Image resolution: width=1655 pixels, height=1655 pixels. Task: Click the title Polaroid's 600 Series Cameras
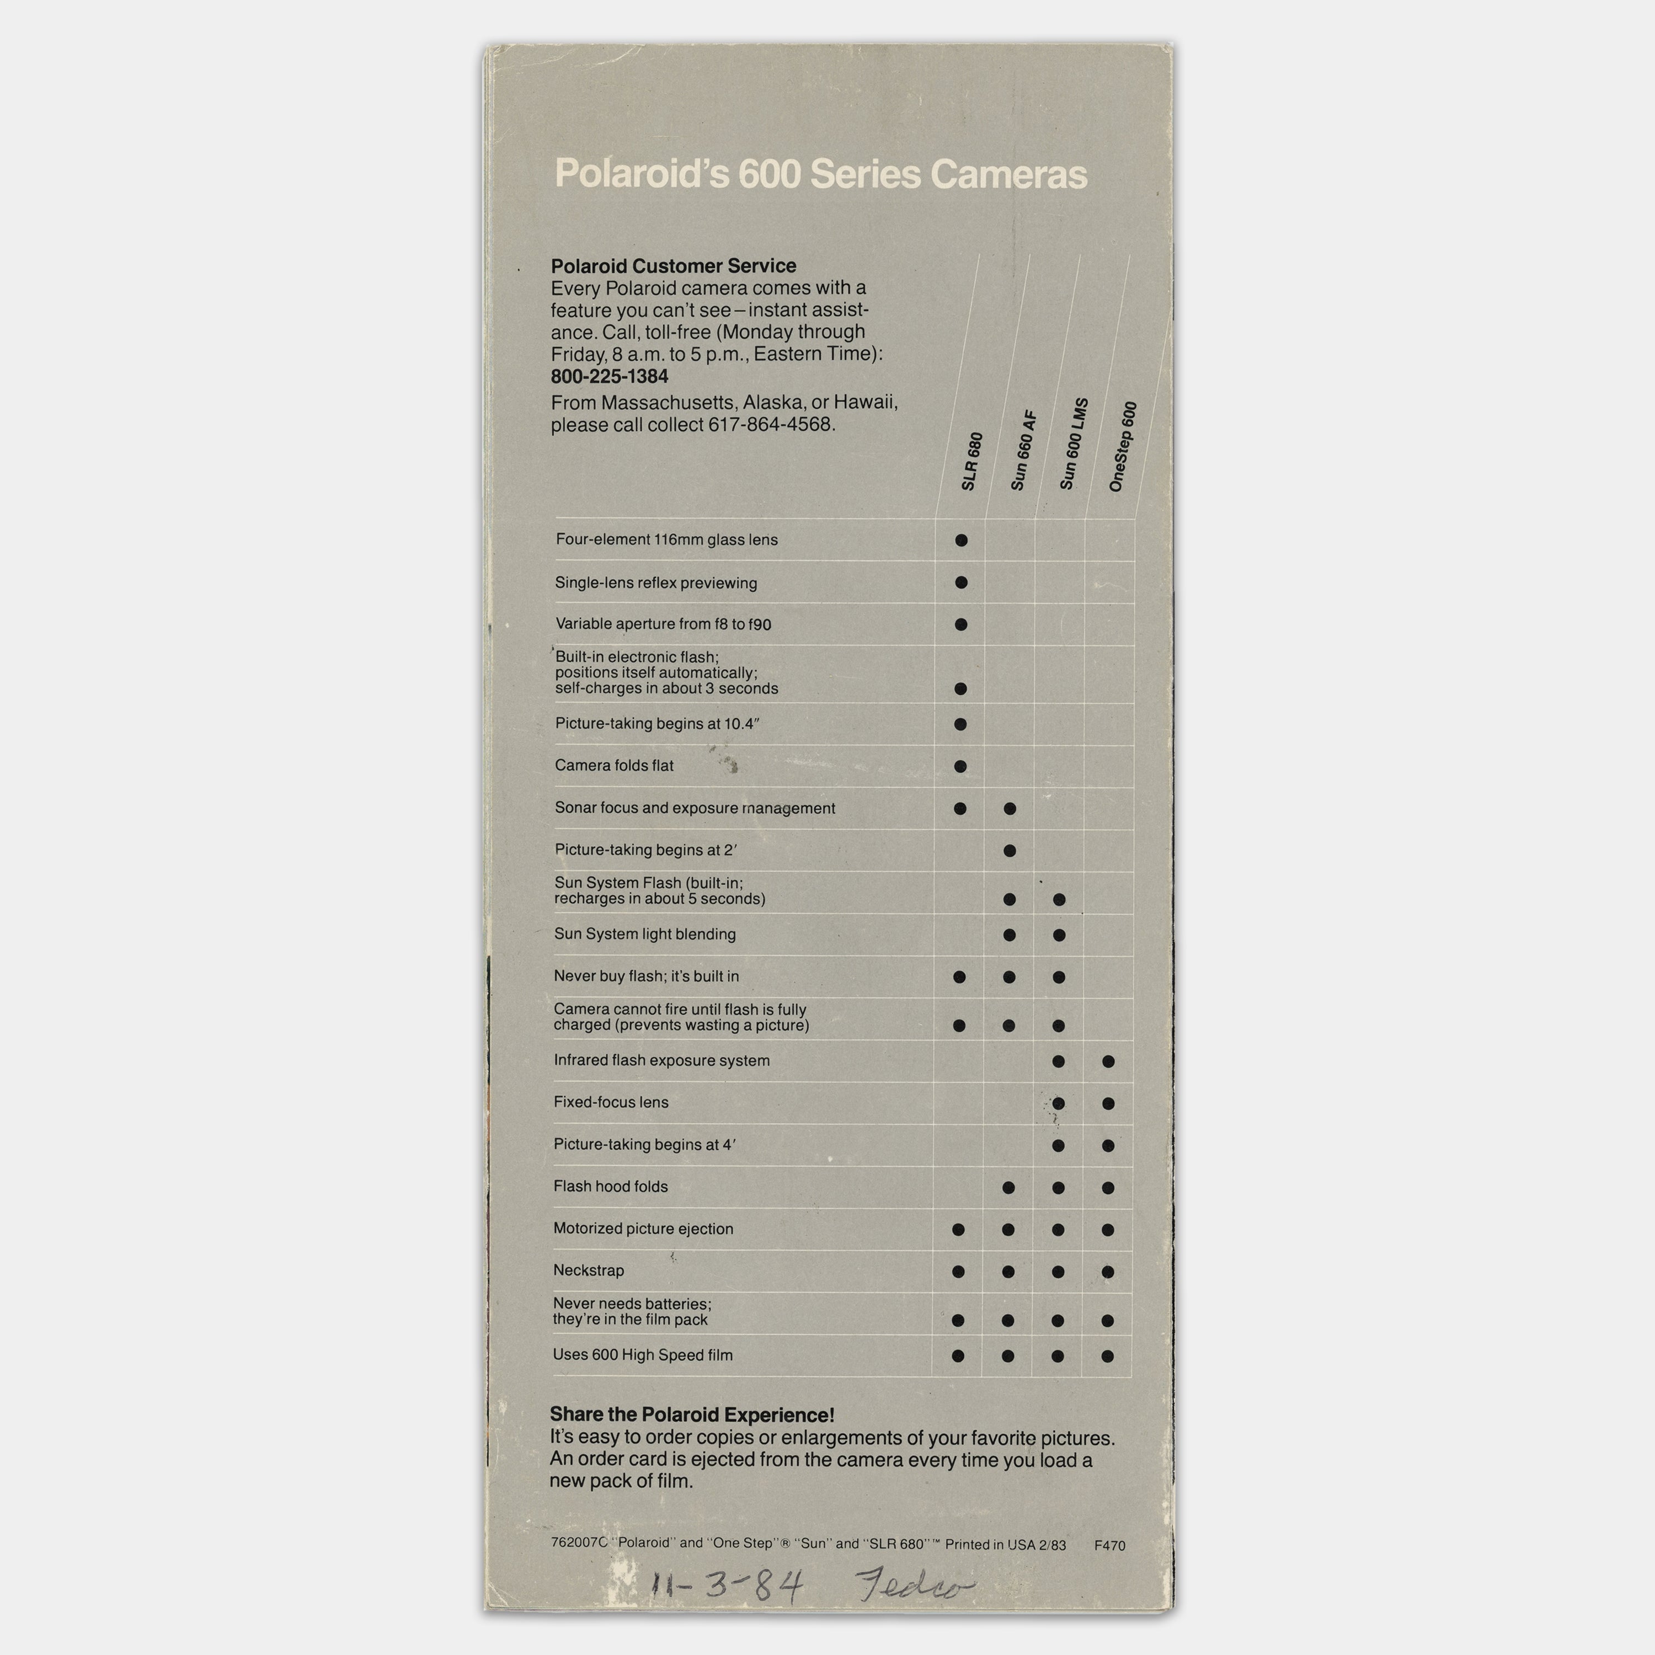(x=821, y=174)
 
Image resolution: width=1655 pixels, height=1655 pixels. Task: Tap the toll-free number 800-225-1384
(x=609, y=376)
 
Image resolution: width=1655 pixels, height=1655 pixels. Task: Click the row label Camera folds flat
(x=614, y=766)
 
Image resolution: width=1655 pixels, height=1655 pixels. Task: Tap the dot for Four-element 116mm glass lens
(x=961, y=541)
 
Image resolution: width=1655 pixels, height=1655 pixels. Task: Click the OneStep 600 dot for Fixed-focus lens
(x=1108, y=1103)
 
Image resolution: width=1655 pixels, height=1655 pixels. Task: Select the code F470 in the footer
(x=1109, y=1545)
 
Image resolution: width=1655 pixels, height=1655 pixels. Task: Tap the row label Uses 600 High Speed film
(x=643, y=1355)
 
